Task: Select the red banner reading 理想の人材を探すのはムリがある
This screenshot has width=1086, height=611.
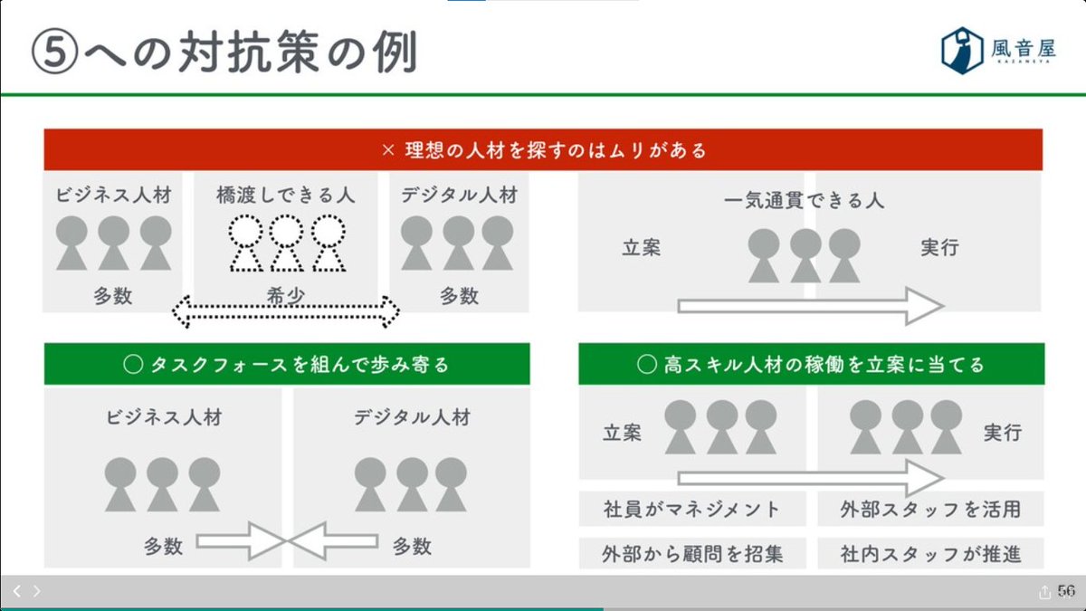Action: pos(543,149)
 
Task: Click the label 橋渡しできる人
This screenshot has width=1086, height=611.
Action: pos(285,194)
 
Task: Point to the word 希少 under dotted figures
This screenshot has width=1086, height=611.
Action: pos(285,295)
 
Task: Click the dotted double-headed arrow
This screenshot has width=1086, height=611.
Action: pos(285,312)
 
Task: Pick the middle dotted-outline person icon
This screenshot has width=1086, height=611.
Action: pos(285,242)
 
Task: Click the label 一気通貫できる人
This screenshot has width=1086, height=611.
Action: pos(805,200)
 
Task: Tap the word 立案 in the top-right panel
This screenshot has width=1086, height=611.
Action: pos(642,246)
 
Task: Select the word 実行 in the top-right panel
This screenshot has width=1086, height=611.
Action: pos(939,246)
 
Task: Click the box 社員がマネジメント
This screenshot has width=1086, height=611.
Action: pos(691,509)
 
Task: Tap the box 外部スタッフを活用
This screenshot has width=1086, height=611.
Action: pos(930,509)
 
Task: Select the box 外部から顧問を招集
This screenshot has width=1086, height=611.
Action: pos(691,551)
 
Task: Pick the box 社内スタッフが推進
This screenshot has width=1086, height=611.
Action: pos(930,551)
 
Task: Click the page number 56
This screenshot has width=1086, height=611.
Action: pos(1065,591)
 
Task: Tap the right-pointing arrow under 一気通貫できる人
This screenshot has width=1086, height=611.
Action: pos(810,306)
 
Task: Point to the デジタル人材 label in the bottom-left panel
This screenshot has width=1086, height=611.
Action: pos(412,417)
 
